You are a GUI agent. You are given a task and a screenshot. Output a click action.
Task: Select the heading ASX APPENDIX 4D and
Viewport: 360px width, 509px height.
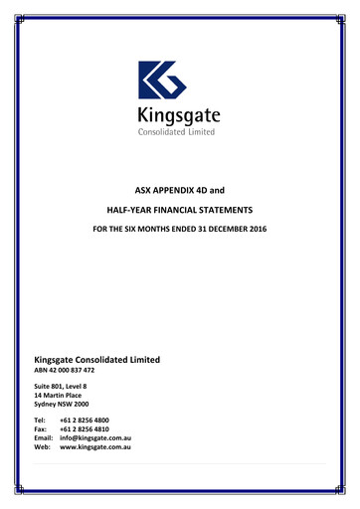pyautogui.click(x=180, y=187)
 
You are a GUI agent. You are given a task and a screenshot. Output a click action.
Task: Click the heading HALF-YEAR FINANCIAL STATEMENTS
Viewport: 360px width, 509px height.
pyautogui.click(x=180, y=209)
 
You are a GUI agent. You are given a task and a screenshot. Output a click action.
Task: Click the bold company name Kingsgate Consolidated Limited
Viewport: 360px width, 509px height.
pyautogui.click(x=96, y=359)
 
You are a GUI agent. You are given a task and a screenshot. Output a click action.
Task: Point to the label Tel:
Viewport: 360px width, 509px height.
pyautogui.click(x=41, y=422)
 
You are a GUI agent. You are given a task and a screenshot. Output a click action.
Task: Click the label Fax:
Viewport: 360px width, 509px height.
pyautogui.click(x=42, y=430)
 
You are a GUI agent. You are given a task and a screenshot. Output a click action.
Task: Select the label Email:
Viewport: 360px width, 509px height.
pyautogui.click(x=44, y=439)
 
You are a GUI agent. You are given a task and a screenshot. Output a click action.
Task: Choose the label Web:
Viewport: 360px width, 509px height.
pyautogui.click(x=43, y=448)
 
